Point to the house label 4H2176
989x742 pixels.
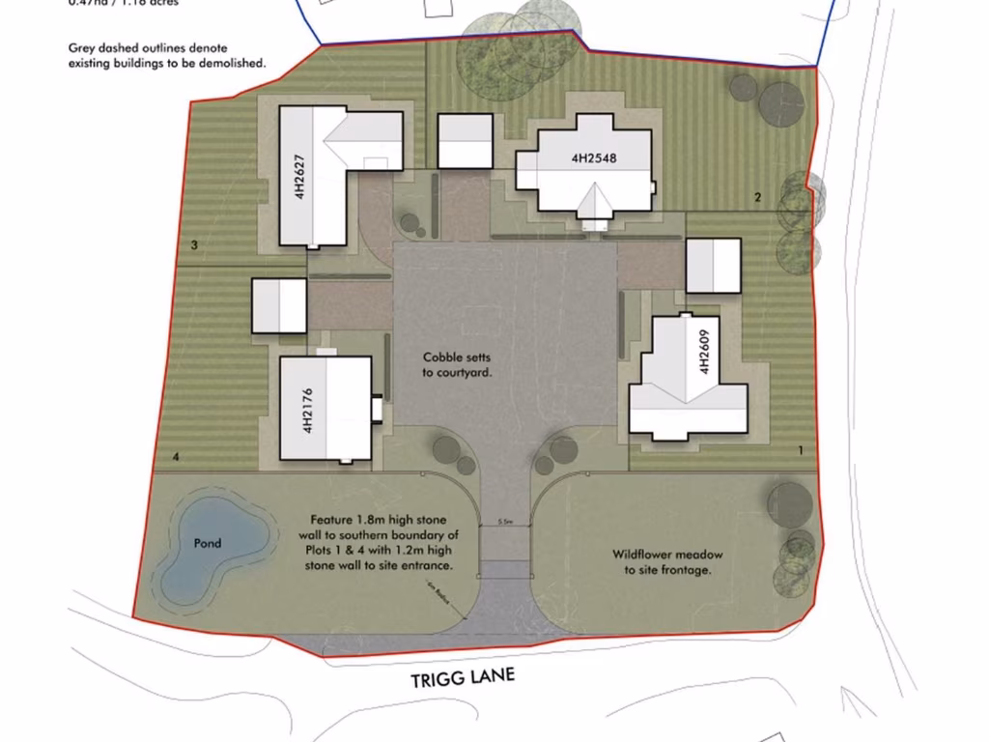click(x=307, y=408)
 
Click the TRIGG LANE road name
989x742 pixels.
click(x=463, y=678)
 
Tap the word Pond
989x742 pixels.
click(x=207, y=543)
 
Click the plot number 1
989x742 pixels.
click(x=800, y=450)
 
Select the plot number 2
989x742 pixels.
click(x=758, y=198)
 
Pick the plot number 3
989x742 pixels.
click(x=194, y=246)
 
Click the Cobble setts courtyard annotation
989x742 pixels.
click(x=457, y=364)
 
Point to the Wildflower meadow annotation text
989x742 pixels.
click(x=666, y=562)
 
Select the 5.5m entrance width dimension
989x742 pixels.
click(x=504, y=522)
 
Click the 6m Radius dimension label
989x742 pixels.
click(x=441, y=592)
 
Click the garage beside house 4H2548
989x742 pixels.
click(x=466, y=141)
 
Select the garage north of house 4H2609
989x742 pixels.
click(x=713, y=266)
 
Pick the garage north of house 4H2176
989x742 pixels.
click(x=279, y=305)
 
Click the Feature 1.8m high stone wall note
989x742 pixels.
click(x=383, y=542)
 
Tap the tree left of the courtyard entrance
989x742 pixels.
click(x=445, y=449)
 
